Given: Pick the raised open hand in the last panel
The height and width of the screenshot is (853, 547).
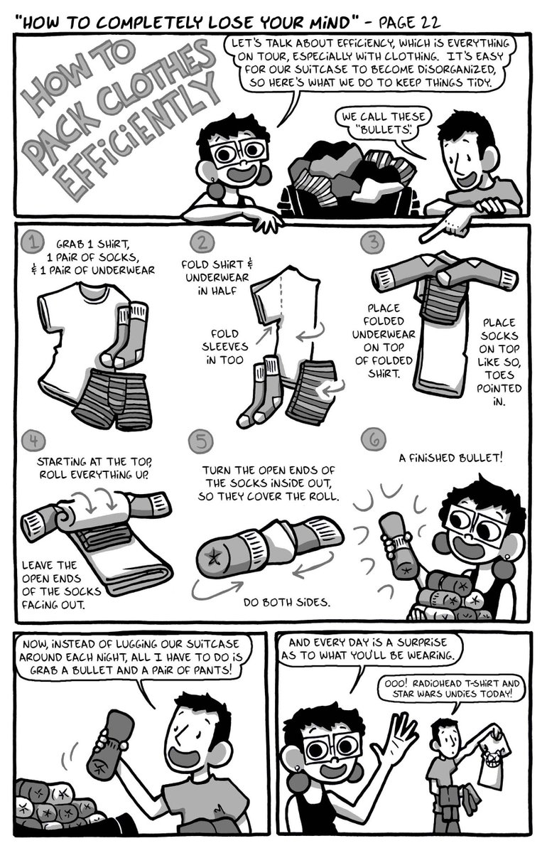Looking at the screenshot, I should pos(399,739).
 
